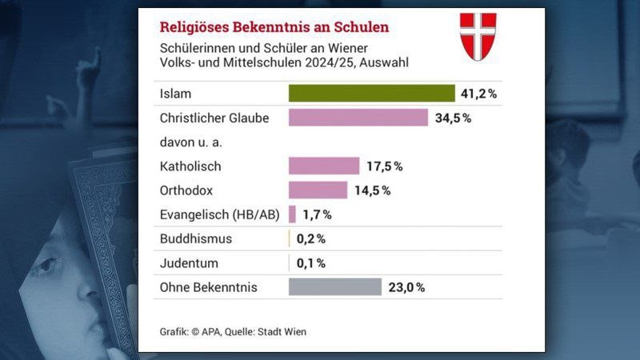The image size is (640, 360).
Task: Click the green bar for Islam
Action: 371,94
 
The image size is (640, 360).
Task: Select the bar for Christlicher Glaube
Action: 358,118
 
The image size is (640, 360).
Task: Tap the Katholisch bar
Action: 324,166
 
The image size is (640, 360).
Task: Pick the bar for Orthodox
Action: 318,190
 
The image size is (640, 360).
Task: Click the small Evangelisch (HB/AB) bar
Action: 292,214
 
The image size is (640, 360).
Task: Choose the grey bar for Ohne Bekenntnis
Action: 335,286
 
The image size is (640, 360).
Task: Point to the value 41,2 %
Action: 478,94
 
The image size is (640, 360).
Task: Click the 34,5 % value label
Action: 451,118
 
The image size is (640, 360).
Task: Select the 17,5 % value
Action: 383,166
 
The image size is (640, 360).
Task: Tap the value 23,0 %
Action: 406,286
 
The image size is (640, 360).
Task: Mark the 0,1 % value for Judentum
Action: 310,262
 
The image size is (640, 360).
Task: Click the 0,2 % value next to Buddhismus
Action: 310,238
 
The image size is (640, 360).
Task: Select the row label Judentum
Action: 190,262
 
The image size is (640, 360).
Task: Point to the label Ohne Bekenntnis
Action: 209,286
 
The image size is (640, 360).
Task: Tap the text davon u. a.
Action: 189,142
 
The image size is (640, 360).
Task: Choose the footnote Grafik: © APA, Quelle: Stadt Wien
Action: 234,331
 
